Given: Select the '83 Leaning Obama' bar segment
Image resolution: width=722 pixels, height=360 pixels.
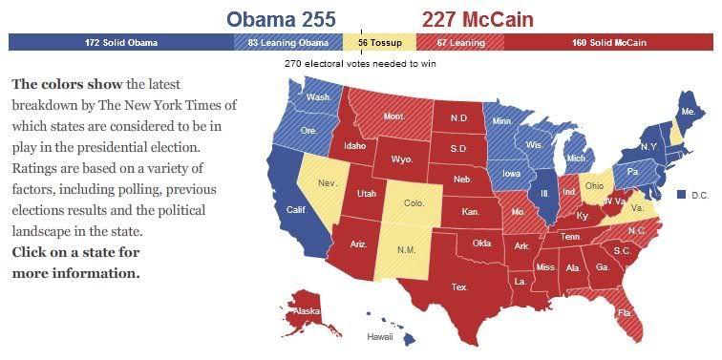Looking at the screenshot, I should [x=288, y=43].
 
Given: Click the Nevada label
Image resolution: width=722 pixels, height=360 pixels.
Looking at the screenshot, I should [x=327, y=182].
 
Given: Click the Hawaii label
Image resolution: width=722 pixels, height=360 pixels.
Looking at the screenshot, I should [x=380, y=337].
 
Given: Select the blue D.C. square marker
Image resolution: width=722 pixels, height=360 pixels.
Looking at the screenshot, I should [x=681, y=194].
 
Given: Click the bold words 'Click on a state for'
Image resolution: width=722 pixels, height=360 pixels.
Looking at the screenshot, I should [x=75, y=252].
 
